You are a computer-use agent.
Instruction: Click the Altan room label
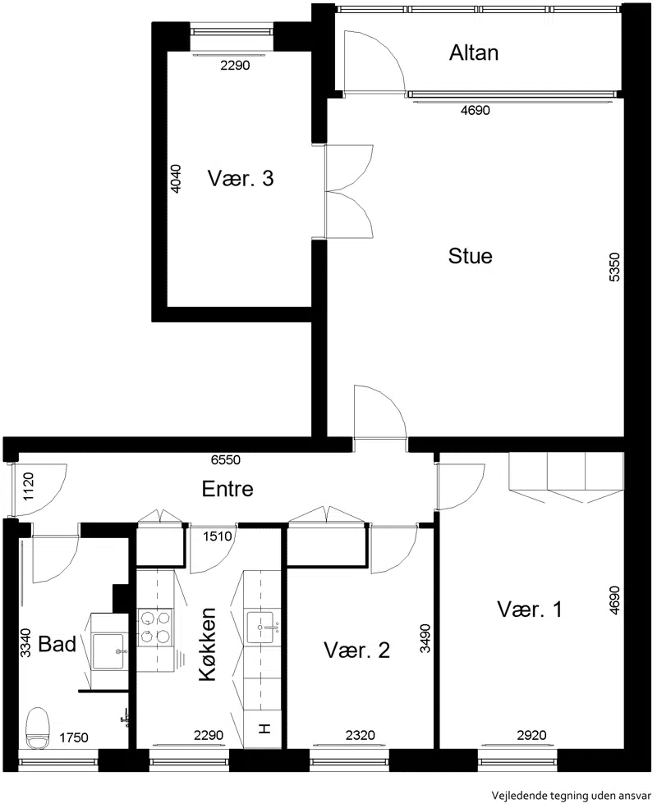(473, 53)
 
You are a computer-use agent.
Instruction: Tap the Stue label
(470, 256)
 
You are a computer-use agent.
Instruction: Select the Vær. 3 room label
(241, 178)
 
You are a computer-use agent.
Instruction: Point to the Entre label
(227, 489)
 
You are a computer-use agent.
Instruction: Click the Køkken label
(207, 644)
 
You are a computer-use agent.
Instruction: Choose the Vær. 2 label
(356, 651)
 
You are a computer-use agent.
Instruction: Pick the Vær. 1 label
(529, 609)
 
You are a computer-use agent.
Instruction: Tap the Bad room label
(57, 644)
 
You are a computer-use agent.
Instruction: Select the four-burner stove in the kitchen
(155, 627)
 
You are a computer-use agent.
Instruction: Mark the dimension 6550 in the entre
(225, 459)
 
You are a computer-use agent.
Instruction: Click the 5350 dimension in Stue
(615, 267)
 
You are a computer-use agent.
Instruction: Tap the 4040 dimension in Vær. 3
(176, 178)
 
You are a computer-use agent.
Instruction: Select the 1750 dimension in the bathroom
(74, 738)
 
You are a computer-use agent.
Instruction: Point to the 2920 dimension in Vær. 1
(531, 735)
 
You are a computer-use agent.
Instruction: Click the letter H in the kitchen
(264, 728)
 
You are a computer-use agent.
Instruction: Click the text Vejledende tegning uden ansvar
(572, 796)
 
